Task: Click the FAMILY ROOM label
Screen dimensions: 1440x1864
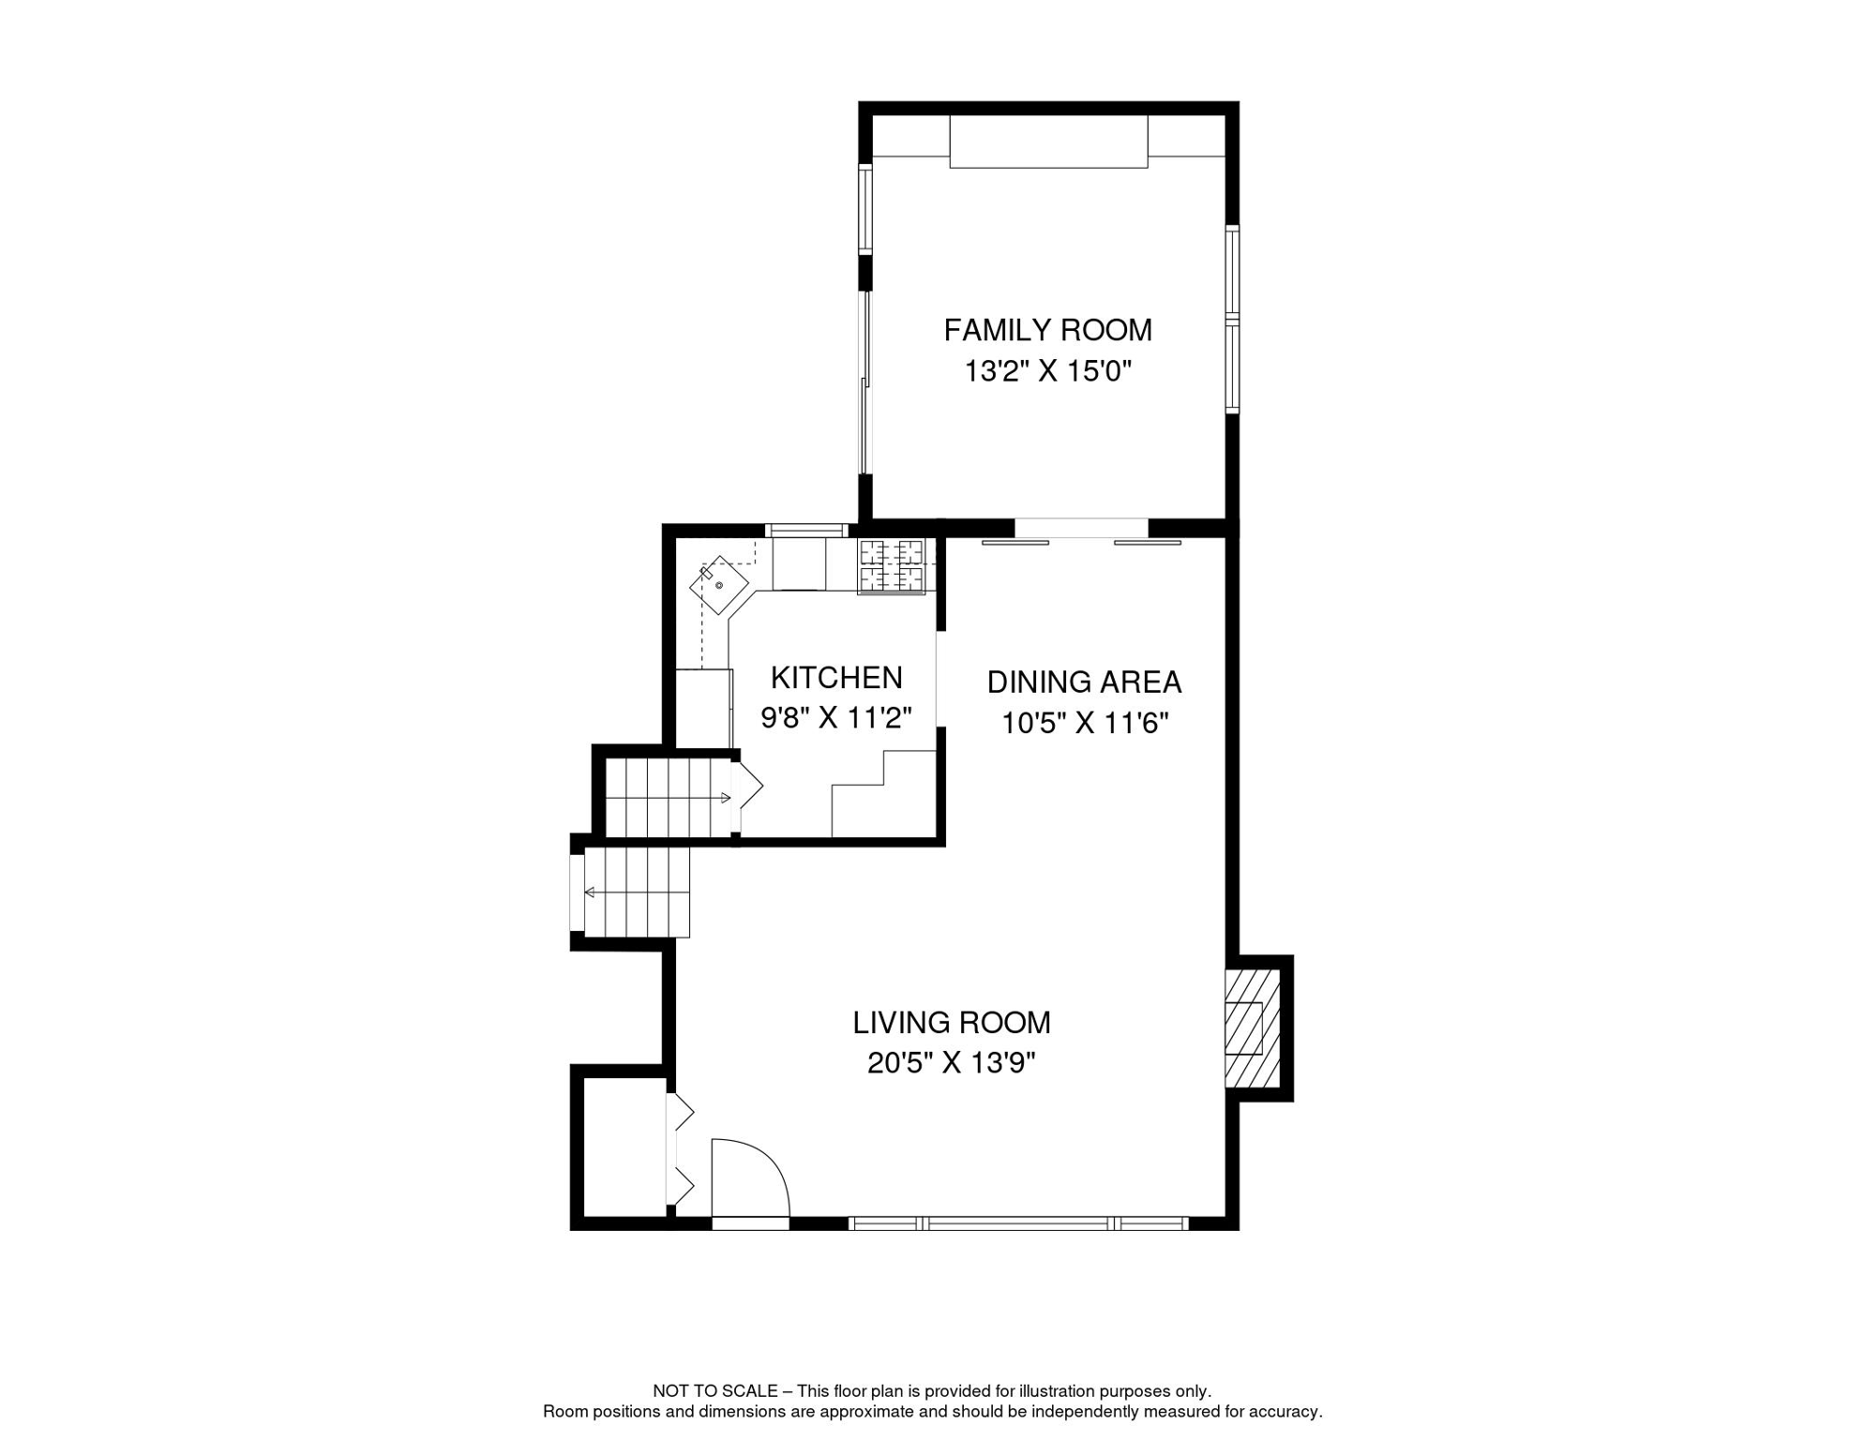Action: (1047, 331)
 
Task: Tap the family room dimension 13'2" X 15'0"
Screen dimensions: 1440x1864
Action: (1047, 372)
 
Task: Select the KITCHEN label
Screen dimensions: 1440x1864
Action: (836, 678)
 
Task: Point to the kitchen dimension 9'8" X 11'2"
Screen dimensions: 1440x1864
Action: (836, 718)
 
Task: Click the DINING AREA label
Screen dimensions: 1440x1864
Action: (1084, 682)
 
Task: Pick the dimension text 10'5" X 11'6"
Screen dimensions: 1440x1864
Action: (1084, 724)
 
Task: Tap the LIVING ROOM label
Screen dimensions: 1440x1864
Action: (952, 1023)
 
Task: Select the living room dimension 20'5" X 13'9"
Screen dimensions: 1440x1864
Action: (952, 1063)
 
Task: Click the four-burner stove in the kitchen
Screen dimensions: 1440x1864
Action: (892, 566)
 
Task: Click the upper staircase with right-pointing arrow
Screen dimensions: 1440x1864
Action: (668, 798)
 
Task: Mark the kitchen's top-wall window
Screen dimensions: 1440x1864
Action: (806, 531)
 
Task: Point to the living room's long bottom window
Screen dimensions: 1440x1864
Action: (1018, 1223)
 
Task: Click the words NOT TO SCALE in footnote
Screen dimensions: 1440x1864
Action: (714, 1391)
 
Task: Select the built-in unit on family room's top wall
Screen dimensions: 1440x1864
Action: (1048, 142)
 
